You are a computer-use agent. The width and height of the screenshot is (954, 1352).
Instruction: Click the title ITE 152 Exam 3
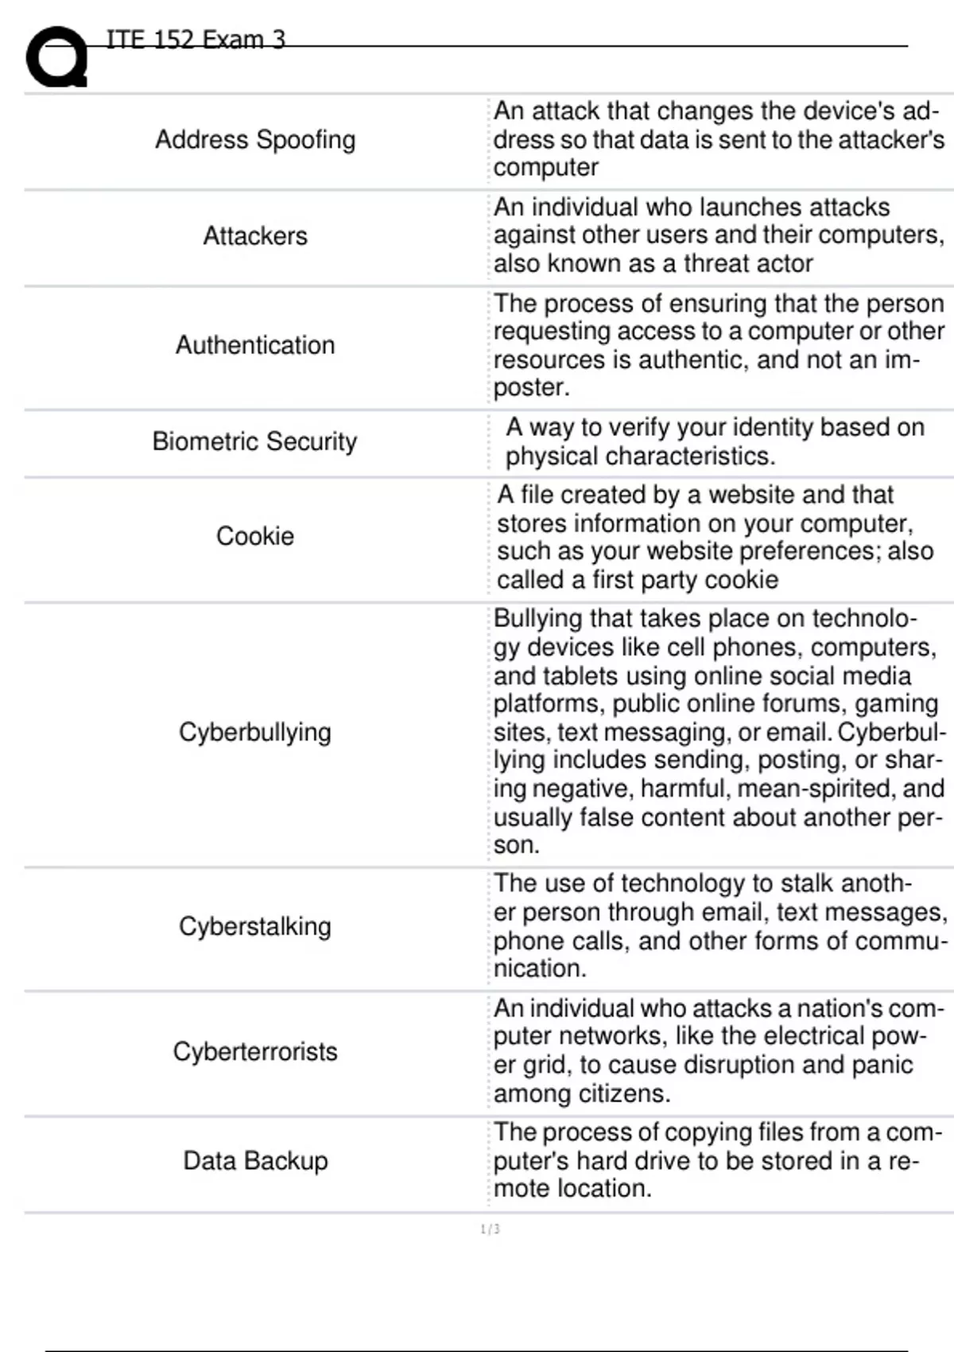[196, 39]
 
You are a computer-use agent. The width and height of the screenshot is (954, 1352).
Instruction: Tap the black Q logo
[56, 57]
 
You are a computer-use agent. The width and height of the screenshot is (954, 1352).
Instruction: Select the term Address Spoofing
[255, 140]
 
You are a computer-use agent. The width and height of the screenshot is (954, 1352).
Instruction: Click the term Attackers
[255, 236]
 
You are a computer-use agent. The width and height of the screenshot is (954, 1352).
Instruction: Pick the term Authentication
[255, 345]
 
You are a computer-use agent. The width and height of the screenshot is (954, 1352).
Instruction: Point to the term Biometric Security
[255, 441]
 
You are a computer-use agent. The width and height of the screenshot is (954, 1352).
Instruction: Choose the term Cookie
[255, 537]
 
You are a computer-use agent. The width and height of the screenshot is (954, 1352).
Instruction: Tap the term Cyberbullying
[255, 732]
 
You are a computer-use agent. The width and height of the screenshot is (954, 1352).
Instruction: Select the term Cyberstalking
[255, 927]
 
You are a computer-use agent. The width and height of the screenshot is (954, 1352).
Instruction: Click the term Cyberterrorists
[255, 1051]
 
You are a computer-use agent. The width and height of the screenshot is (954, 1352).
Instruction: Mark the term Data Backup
[255, 1161]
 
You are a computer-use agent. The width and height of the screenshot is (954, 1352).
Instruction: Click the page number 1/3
[491, 1230]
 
